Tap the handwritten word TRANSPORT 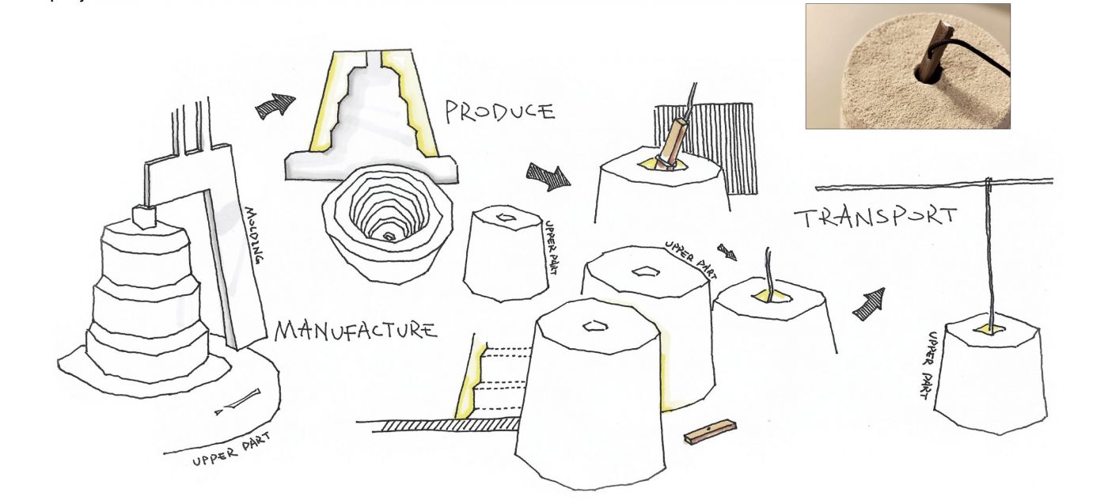(x=875, y=217)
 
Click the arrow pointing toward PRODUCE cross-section (x=275, y=105)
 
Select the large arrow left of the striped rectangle (x=548, y=176)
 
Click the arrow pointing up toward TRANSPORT (x=868, y=304)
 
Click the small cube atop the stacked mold (x=144, y=214)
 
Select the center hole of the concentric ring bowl (x=389, y=236)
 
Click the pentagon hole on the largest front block (x=594, y=325)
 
